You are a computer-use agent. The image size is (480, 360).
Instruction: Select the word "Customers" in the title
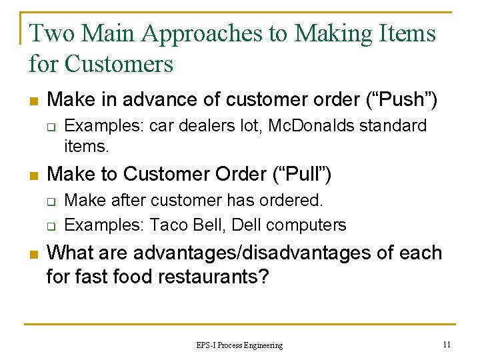tap(118, 64)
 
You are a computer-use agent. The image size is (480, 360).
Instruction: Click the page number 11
tap(447, 344)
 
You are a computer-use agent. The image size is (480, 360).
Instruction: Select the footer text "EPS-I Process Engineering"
tap(239, 345)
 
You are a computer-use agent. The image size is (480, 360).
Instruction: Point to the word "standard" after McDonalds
tap(393, 125)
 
